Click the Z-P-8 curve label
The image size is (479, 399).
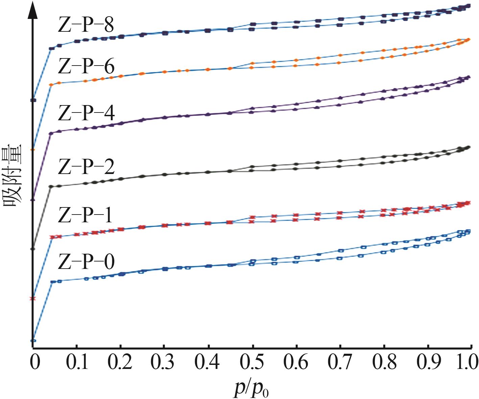[86, 25]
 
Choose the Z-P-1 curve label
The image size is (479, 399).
[85, 215]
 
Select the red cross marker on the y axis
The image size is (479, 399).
[33, 298]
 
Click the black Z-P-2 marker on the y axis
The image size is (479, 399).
[33, 249]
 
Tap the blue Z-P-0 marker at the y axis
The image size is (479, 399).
[33, 341]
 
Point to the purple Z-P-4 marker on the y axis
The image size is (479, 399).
[33, 200]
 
